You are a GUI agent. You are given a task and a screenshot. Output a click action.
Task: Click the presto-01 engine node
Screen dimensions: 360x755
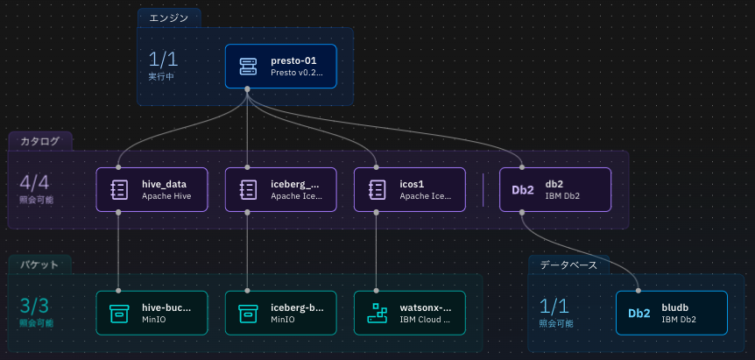point(280,67)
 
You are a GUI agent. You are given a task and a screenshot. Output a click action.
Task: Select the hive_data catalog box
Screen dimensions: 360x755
point(152,190)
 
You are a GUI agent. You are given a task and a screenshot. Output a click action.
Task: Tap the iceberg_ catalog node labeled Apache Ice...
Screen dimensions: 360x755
point(280,190)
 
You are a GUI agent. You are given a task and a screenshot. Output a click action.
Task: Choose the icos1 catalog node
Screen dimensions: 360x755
point(410,190)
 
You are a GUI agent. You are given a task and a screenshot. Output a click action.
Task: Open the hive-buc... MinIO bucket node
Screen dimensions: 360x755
point(152,313)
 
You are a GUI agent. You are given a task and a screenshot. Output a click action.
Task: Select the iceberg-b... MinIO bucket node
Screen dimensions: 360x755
point(280,313)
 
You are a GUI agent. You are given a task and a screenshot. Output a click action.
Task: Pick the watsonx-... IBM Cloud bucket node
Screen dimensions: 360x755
point(410,313)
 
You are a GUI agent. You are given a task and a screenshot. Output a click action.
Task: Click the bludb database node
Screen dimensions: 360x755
point(671,313)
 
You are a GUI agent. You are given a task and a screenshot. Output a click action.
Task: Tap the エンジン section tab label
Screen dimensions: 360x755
point(169,18)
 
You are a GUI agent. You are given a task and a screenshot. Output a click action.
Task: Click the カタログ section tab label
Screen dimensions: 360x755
point(40,141)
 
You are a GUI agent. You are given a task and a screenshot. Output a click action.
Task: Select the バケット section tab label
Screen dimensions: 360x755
point(40,264)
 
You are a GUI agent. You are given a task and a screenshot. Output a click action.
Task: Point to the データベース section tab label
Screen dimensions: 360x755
point(568,264)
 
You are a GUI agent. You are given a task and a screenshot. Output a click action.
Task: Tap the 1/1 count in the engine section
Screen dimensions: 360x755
point(163,60)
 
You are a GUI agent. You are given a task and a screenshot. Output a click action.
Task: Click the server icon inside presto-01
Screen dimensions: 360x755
point(249,67)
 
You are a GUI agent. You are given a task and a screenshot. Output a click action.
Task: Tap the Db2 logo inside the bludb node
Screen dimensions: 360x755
point(639,313)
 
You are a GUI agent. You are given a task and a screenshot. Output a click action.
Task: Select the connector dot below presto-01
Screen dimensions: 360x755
point(248,89)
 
